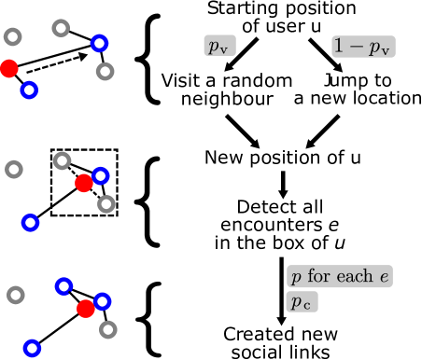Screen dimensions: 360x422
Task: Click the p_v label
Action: pyautogui.click(x=219, y=46)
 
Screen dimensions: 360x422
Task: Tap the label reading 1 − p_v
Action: pyautogui.click(x=363, y=47)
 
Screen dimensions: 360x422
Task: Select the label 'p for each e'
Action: pyautogui.click(x=340, y=277)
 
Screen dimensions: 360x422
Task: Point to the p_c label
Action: pyautogui.click(x=302, y=302)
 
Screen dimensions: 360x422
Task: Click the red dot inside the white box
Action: pyautogui.click(x=83, y=183)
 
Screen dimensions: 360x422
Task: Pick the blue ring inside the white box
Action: pyautogui.click(x=100, y=175)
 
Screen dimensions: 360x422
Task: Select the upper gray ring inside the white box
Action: pyautogui.click(x=62, y=160)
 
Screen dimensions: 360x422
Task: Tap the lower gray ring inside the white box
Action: pyautogui.click(x=106, y=203)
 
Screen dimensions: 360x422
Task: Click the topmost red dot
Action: pyautogui.click(x=8, y=68)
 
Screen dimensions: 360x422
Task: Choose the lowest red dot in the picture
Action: pyautogui.click(x=86, y=309)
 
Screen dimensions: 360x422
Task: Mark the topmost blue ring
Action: pyautogui.click(x=99, y=43)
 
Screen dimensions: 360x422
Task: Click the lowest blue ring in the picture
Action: pyautogui.click(x=32, y=348)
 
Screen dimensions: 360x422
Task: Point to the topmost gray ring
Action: pyautogui.click(x=61, y=28)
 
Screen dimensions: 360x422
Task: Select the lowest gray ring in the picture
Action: pyautogui.click(x=107, y=328)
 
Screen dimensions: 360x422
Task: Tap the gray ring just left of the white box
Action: pyautogui.click(x=14, y=169)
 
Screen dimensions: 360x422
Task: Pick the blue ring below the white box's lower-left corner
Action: pyautogui.click(x=30, y=223)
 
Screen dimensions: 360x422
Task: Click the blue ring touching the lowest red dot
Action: pyautogui.click(x=102, y=301)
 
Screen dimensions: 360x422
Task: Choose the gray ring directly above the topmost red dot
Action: pyautogui.click(x=12, y=37)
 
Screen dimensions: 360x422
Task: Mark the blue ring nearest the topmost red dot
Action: pyautogui.click(x=29, y=90)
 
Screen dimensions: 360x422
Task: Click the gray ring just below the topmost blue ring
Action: pyautogui.click(x=105, y=71)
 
